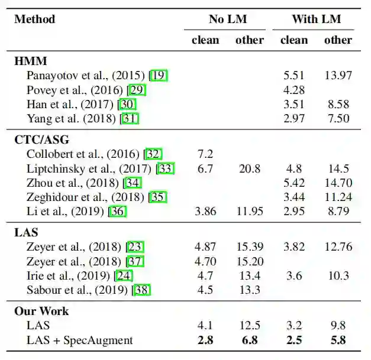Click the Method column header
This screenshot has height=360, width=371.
pos(34,20)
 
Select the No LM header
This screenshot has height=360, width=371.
pos(228,20)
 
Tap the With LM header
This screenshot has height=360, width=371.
pos(316,20)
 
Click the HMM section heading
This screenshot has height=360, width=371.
pos(31,60)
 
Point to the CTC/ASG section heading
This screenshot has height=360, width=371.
pos(41,140)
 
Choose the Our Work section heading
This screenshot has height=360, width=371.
pos(41,311)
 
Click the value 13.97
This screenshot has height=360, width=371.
pos(338,75)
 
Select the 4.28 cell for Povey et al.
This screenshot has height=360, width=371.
pos(293,90)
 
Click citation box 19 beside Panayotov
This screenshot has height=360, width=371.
pos(159,75)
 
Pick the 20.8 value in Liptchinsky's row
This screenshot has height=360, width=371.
pos(249,169)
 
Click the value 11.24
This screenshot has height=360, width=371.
pos(338,197)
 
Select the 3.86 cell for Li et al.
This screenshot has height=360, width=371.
pos(205,212)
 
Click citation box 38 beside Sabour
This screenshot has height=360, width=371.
pos(143,290)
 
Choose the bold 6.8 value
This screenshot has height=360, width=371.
pos(249,340)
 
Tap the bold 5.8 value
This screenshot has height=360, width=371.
pos(338,340)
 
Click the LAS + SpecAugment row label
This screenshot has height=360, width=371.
pos(79,340)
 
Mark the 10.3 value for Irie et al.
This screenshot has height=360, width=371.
pos(338,275)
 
